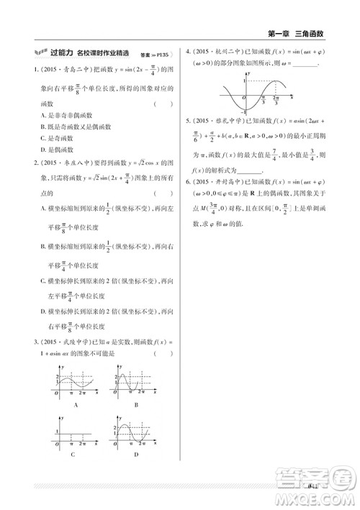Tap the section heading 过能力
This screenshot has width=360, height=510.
coord(61,53)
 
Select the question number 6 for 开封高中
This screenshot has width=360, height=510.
coord(189,182)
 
